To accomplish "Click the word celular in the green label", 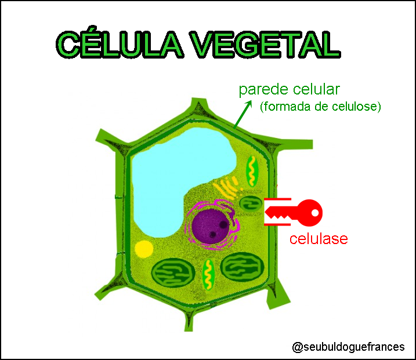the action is point(316,90).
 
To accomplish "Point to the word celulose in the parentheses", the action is point(354,107).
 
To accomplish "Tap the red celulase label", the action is point(319,238).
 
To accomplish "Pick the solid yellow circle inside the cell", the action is point(144,249).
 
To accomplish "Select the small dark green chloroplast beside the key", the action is point(251,203).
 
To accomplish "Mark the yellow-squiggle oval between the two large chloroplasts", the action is point(208,274).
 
